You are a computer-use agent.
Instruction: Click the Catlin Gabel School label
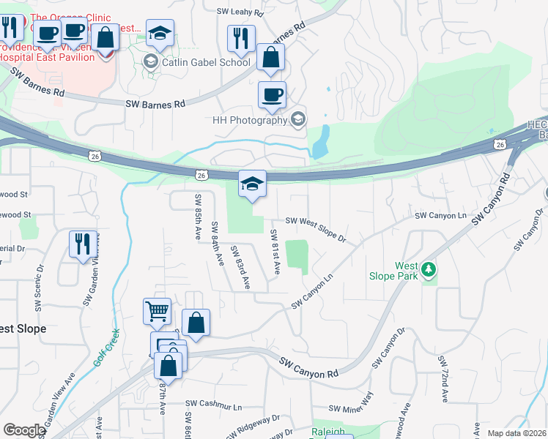click(x=205, y=62)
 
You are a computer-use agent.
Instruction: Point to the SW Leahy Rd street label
click(x=242, y=11)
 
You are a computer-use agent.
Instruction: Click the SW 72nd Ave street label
click(x=443, y=380)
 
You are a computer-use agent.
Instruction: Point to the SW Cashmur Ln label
click(x=213, y=403)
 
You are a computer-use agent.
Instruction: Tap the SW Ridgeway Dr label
click(x=256, y=425)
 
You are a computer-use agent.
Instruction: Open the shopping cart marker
click(x=157, y=311)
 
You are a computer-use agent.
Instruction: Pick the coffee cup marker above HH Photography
click(x=271, y=94)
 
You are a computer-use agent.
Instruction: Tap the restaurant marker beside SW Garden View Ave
click(x=81, y=244)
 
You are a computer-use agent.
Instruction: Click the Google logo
click(x=24, y=430)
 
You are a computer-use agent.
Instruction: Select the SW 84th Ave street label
click(x=216, y=244)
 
